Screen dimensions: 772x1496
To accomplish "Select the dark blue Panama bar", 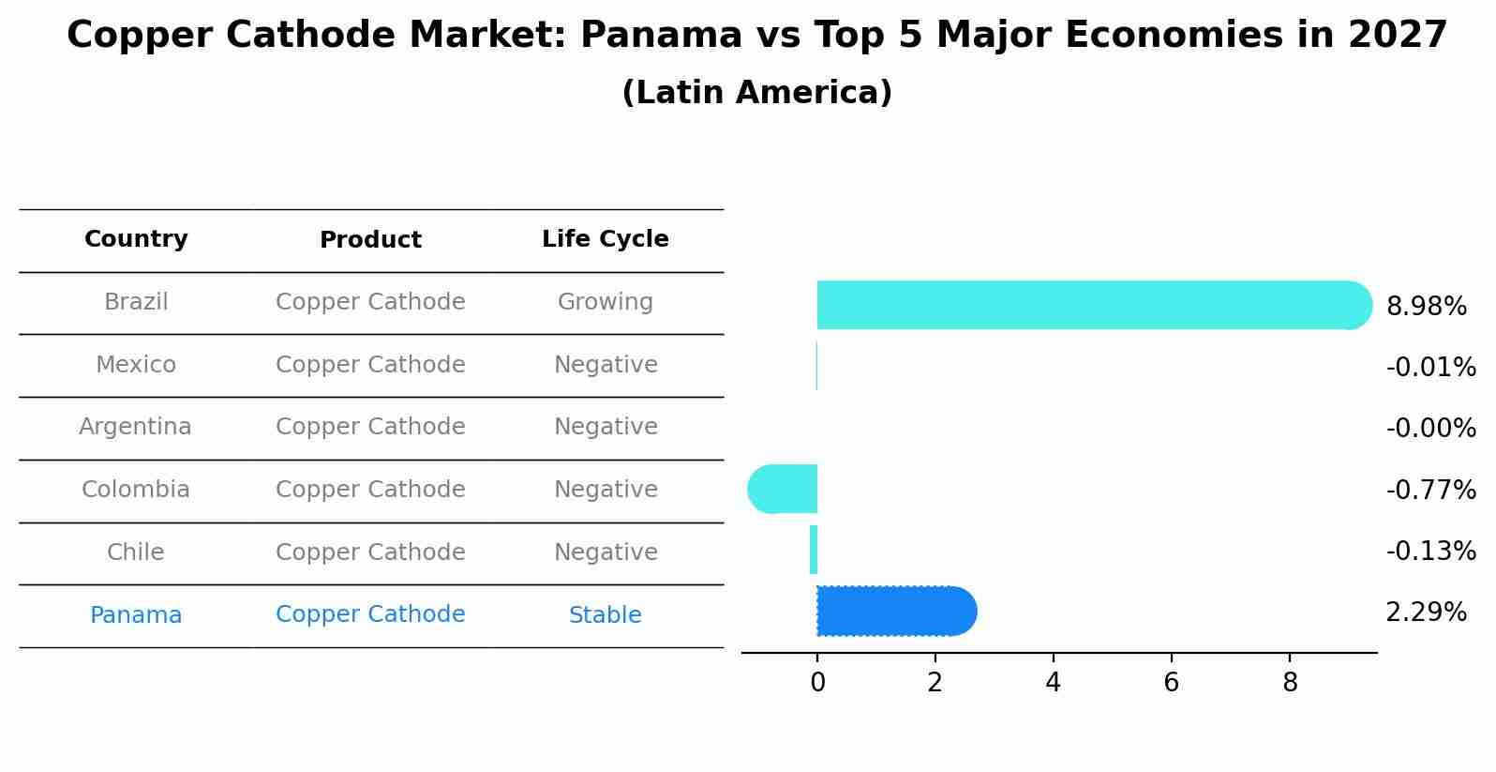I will (895, 612).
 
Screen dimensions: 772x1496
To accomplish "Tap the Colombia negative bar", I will (784, 489).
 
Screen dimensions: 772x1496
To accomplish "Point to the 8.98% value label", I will (1426, 307).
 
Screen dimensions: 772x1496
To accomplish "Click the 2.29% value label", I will (1426, 613).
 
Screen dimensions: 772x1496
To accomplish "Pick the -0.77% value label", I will (1430, 490).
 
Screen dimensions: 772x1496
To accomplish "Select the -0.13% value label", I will (1430, 552).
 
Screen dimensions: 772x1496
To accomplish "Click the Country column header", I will (136, 239).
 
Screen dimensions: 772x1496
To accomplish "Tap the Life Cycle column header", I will (605, 239).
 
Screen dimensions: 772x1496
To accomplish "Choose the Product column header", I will (370, 240).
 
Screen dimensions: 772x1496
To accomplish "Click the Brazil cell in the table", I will (136, 302).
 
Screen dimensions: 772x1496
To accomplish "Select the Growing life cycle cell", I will (605, 302).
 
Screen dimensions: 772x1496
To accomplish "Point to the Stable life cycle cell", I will (605, 615).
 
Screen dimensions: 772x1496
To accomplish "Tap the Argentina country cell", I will (135, 427).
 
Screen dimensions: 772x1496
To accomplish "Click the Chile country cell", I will (136, 553).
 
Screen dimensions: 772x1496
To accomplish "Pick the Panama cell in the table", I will (136, 615).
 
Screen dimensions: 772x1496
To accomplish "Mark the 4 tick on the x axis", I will (1053, 683).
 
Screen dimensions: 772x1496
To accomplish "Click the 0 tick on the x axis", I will (817, 683).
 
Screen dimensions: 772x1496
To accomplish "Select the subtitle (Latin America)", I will (756, 93).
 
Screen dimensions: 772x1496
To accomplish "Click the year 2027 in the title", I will (1398, 36).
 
